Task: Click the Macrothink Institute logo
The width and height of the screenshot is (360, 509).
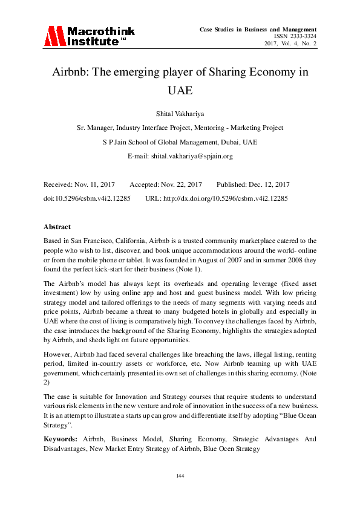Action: point(89,36)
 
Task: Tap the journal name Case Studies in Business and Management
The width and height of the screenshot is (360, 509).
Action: point(267,29)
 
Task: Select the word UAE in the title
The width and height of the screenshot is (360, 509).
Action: point(179,91)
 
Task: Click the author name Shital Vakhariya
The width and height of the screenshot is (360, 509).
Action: point(180,114)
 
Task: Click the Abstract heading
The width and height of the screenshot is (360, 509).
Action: point(57,227)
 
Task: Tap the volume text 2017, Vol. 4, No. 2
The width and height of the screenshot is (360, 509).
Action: point(290,44)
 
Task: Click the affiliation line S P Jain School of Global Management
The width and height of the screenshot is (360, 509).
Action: point(180,142)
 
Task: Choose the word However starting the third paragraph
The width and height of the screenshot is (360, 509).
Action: point(57,357)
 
